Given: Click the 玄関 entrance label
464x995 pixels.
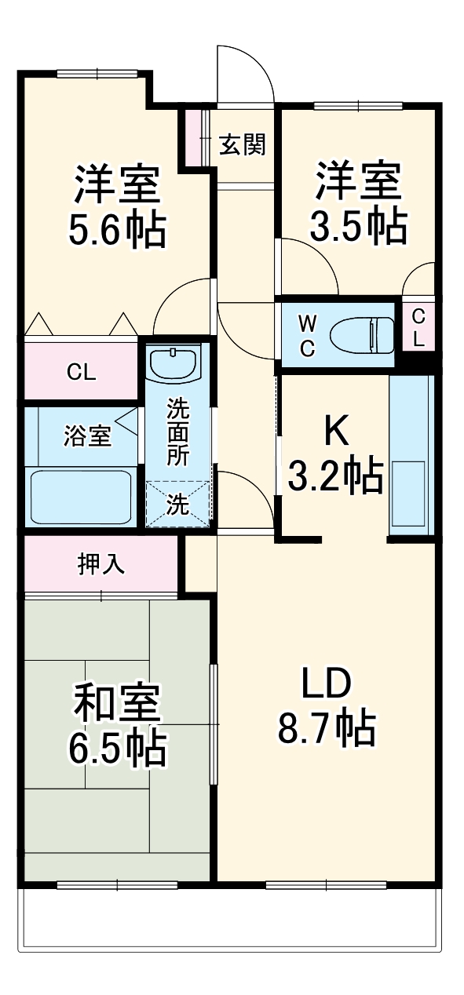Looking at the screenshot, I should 242,144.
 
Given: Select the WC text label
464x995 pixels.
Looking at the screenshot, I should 308,335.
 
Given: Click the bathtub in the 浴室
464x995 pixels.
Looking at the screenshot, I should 80,497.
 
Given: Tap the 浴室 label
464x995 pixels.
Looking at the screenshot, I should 86,436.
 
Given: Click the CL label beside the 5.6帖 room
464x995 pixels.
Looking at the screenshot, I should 81,373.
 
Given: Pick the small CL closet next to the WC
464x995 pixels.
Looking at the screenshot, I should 418,328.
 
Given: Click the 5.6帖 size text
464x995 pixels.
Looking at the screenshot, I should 118,228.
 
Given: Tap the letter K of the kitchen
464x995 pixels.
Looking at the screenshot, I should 335,430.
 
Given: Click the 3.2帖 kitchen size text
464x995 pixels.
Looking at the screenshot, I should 335,475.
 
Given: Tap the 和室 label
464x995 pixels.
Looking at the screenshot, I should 118,704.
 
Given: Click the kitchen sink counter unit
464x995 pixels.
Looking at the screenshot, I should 411,455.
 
